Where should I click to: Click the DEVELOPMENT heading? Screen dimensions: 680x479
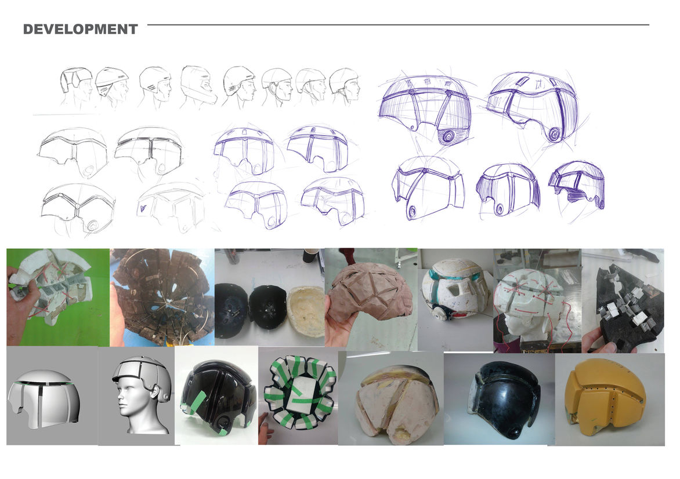pyautogui.click(x=80, y=29)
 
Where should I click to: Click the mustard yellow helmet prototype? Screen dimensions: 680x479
pyautogui.click(x=606, y=398)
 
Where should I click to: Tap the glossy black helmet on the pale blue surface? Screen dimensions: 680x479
pyautogui.click(x=505, y=400)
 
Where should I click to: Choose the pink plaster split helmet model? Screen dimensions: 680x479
pyautogui.click(x=396, y=403)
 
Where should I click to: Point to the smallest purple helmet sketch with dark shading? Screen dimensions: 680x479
pyautogui.click(x=578, y=184)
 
